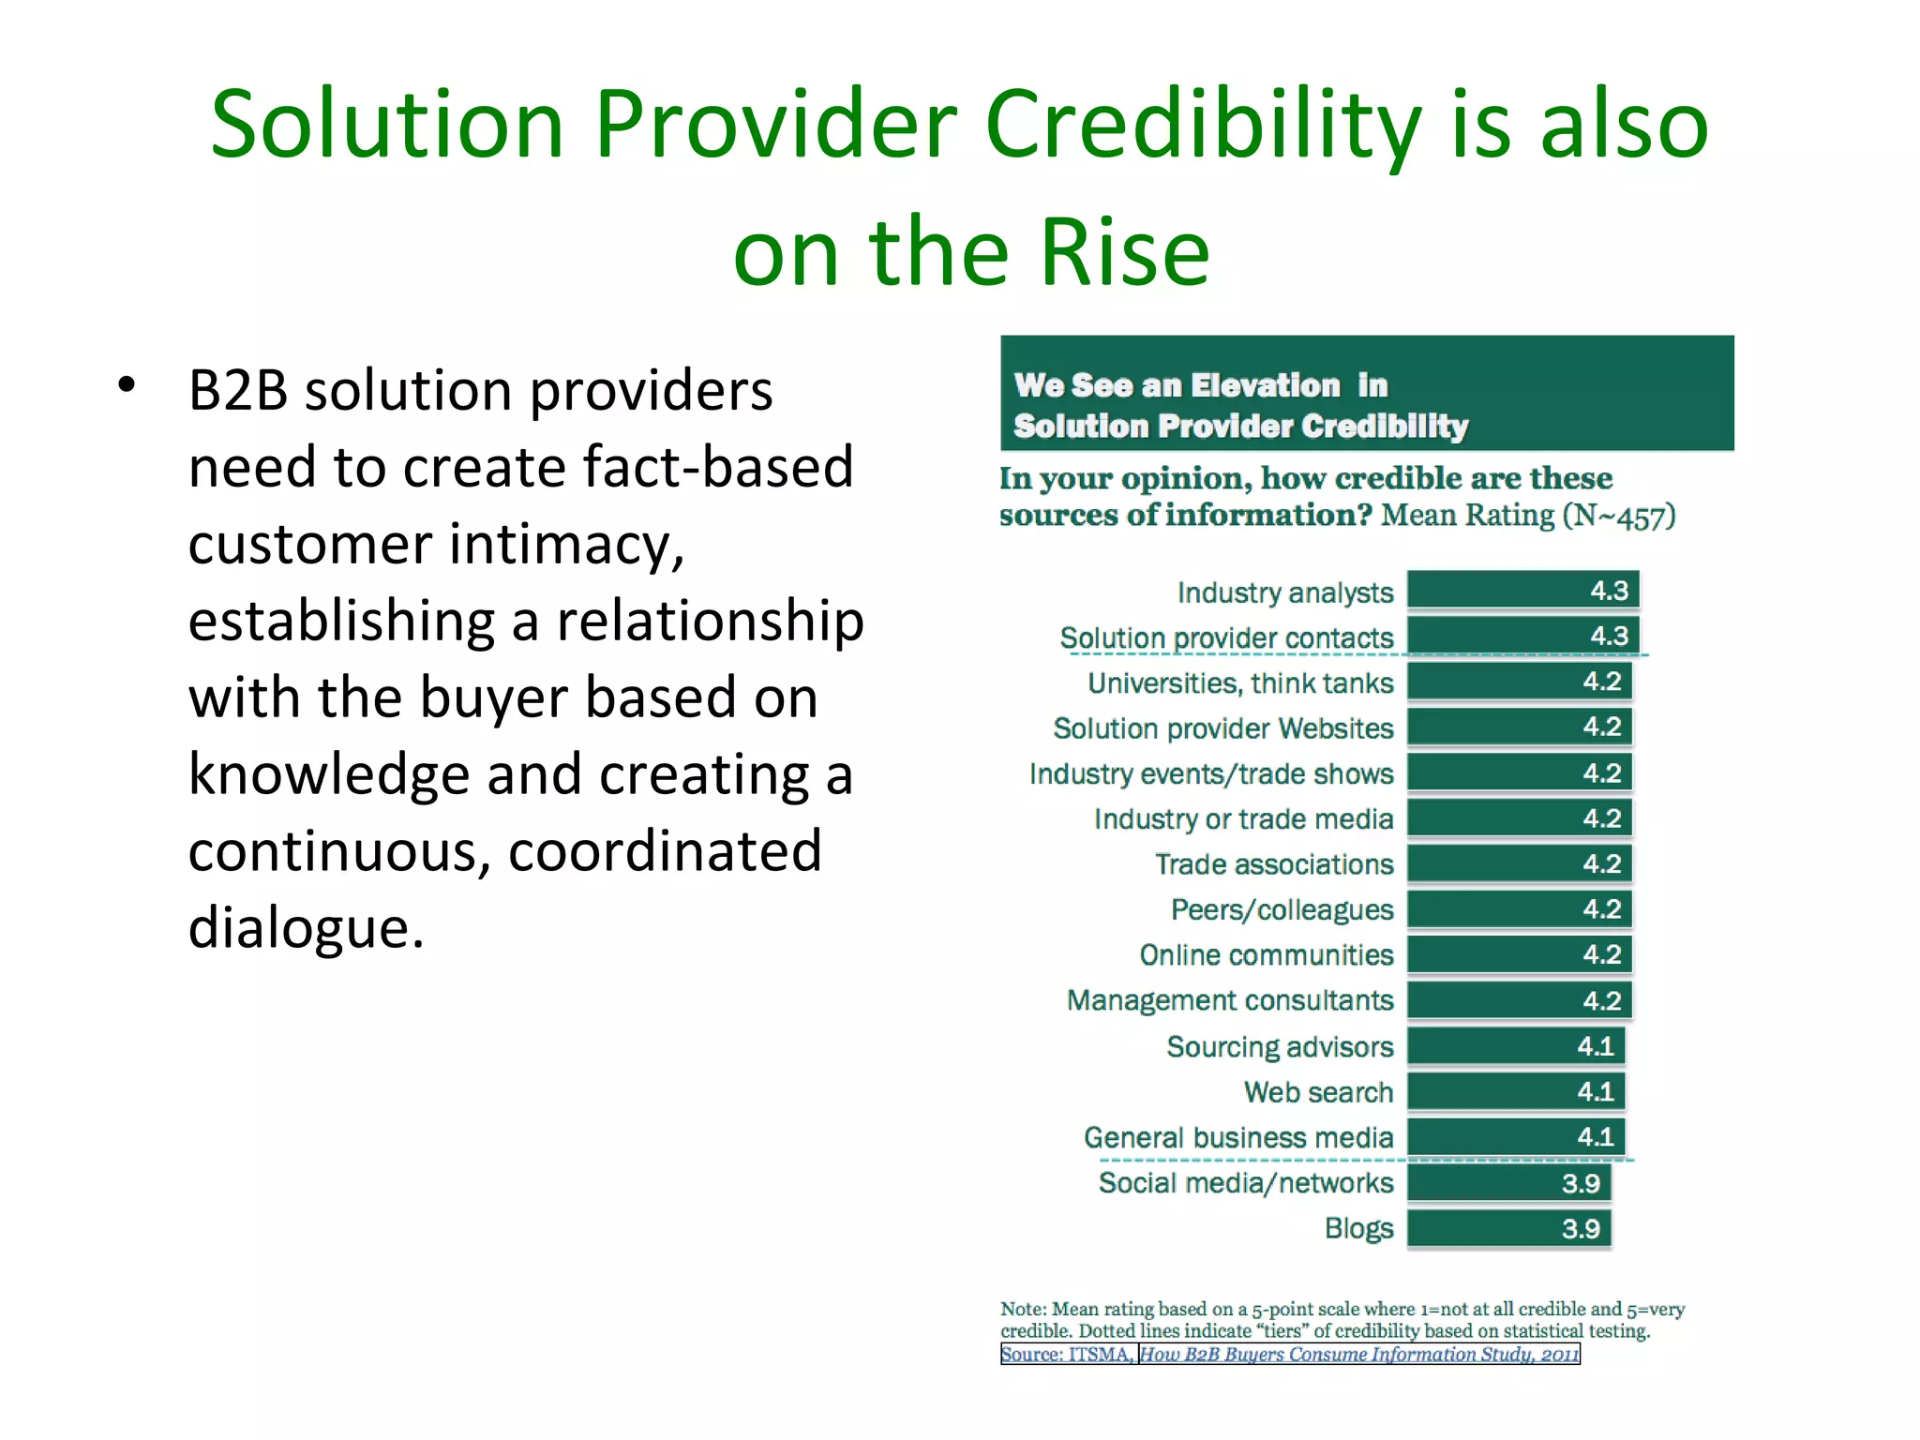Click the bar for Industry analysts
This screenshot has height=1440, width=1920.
[x=1522, y=591]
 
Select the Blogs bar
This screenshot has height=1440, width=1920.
[x=1508, y=1228]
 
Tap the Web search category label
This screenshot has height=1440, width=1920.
[x=1318, y=1092]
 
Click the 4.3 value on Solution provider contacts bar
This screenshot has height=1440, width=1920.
[x=1609, y=636]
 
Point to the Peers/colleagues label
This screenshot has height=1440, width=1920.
[x=1282, y=909]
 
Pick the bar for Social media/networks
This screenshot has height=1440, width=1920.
[x=1508, y=1183]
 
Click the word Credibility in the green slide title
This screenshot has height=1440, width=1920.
[x=1203, y=125]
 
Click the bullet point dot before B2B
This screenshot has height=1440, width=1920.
[x=127, y=384]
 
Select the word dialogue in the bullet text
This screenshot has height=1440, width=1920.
[x=306, y=928]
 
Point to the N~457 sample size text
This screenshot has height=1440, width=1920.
[x=1619, y=516]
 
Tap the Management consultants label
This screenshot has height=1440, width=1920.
[x=1230, y=1000]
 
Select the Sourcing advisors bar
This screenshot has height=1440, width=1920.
[x=1515, y=1046]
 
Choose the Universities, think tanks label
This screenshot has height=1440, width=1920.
[x=1240, y=682]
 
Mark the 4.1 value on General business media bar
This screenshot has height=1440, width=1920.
[x=1595, y=1137]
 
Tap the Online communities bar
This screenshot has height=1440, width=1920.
[x=1519, y=954]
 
